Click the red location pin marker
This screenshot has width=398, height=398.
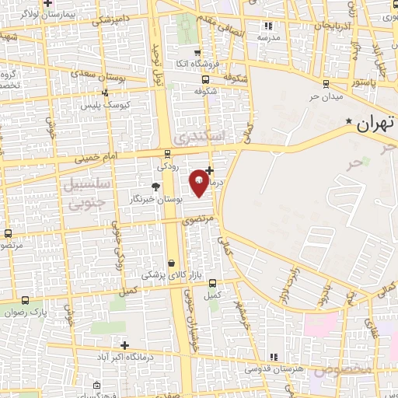point(199,181)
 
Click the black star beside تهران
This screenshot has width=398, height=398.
point(349,122)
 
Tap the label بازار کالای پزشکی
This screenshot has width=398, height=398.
point(171,275)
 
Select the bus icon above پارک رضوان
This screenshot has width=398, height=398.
point(26,301)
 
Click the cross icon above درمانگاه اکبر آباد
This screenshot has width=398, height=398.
point(124,344)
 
